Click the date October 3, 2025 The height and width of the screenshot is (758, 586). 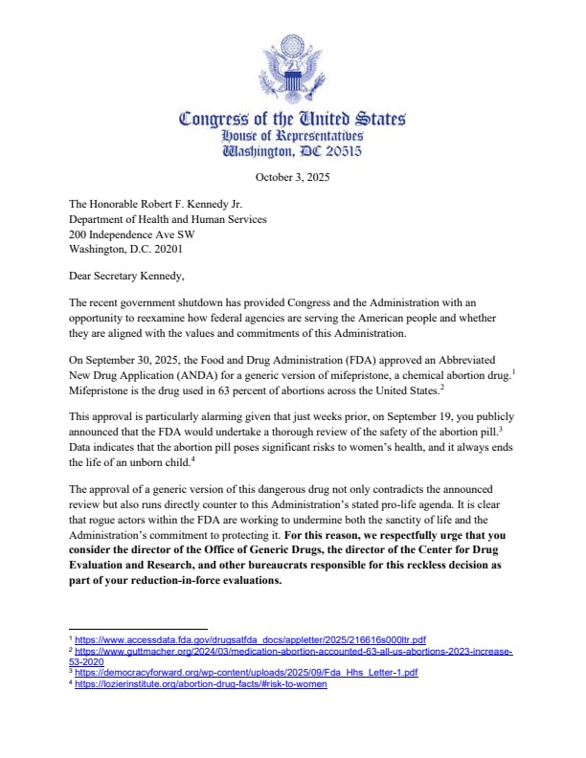point(293,178)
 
